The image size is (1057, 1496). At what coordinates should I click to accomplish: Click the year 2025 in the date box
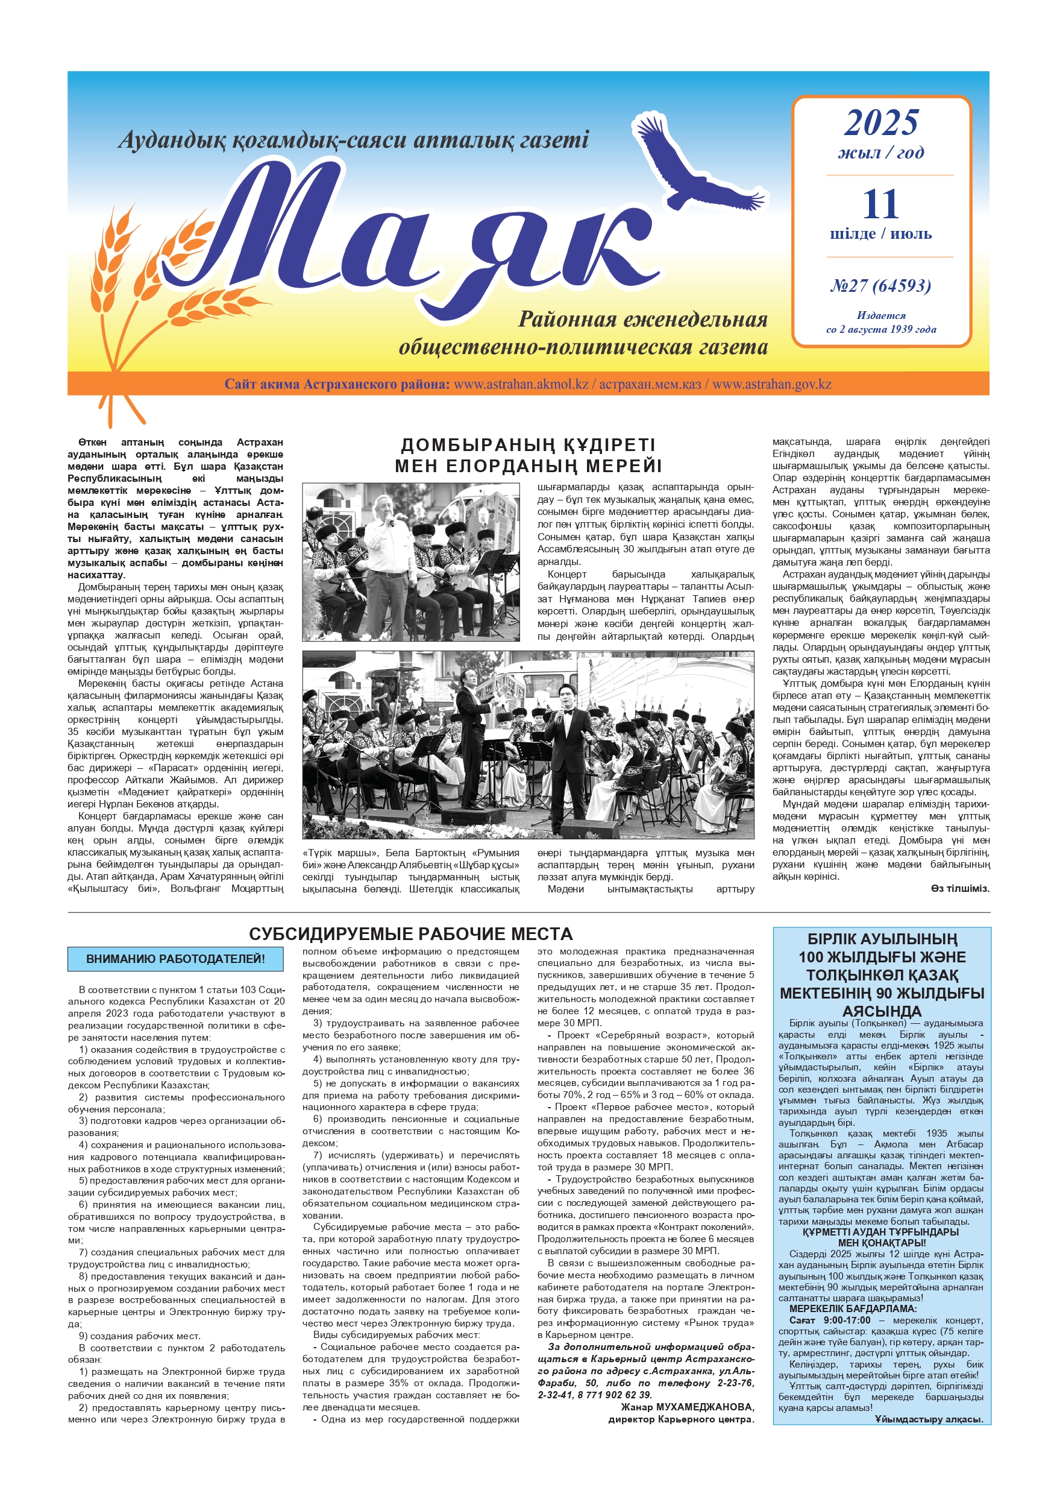(x=881, y=123)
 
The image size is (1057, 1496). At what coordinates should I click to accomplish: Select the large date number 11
(x=880, y=204)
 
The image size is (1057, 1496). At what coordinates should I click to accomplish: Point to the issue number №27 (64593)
(x=880, y=285)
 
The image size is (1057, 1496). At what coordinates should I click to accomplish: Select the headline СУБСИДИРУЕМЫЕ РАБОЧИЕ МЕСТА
(x=410, y=933)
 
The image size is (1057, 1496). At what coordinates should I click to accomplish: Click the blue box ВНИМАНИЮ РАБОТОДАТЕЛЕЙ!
(x=175, y=959)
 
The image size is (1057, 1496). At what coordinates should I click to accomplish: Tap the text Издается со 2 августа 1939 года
(x=880, y=323)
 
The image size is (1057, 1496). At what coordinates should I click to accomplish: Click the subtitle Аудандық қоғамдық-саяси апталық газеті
(x=353, y=140)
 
